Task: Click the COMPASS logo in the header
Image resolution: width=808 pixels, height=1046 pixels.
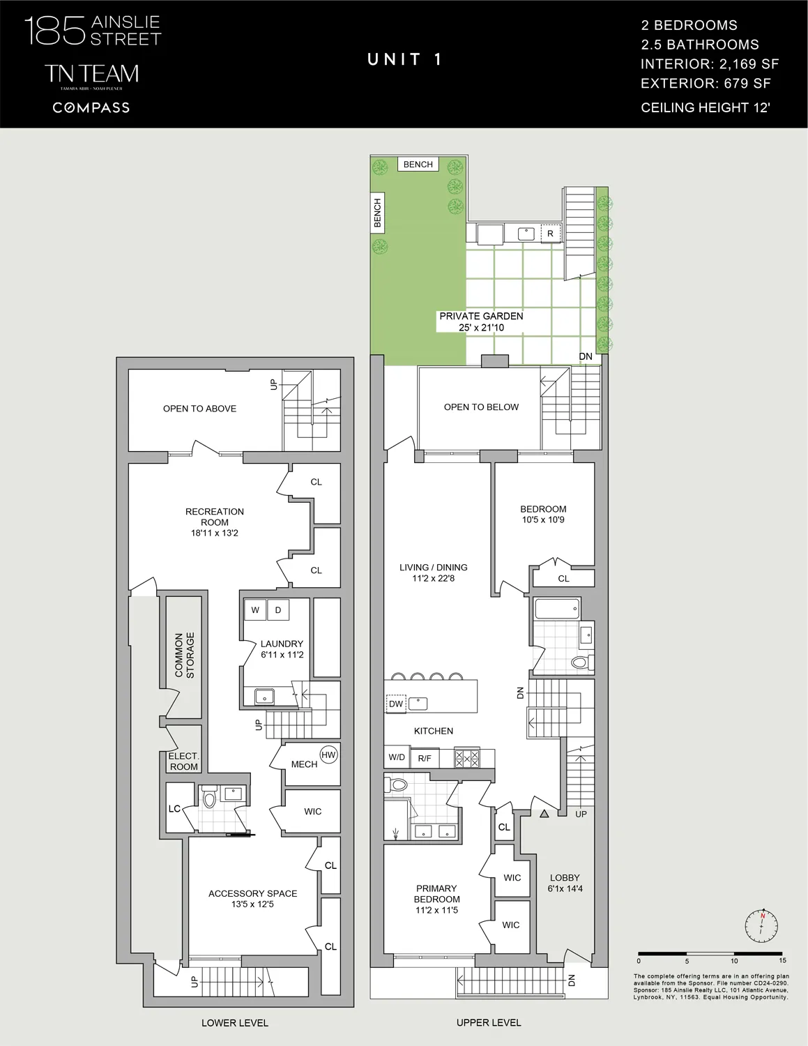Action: click(91, 107)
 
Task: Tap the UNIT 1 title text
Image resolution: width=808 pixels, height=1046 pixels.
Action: click(404, 60)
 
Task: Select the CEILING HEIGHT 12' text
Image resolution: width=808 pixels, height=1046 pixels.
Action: click(705, 107)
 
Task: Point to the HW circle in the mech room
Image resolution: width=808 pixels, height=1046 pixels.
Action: click(328, 755)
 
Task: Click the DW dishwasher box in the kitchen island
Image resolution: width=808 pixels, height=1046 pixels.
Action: click(396, 704)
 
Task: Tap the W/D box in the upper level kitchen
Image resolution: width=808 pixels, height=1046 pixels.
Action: click(397, 757)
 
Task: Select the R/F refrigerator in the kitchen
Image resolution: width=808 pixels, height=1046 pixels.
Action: click(424, 758)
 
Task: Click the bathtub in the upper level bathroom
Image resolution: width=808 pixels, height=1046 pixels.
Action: click(556, 609)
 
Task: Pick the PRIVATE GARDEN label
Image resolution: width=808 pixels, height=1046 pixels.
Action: click(481, 316)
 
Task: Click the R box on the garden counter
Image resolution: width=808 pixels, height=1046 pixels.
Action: click(550, 234)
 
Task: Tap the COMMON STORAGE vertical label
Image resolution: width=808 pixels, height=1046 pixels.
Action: click(185, 655)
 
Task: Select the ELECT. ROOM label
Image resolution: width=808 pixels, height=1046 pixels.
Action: click(184, 761)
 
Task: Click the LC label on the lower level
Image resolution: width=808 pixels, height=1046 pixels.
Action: click(174, 809)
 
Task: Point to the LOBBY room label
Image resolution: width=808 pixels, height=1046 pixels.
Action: click(565, 878)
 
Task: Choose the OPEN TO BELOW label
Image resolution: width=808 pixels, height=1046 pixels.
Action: click(481, 407)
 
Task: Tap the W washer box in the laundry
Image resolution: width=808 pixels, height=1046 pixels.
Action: click(255, 610)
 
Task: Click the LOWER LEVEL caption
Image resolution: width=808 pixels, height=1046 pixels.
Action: click(234, 1023)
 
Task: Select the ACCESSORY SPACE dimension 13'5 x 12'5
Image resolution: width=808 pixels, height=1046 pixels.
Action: click(252, 904)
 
